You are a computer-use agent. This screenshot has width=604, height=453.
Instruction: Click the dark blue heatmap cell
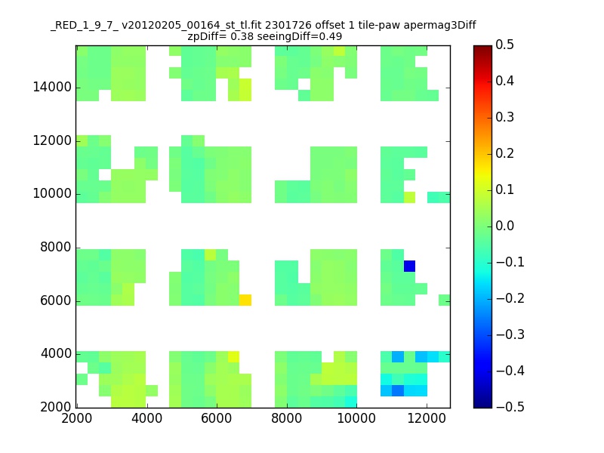(x=409, y=266)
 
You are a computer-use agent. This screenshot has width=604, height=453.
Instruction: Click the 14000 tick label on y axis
(x=52, y=88)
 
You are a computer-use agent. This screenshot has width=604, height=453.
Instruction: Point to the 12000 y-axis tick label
(x=52, y=141)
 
